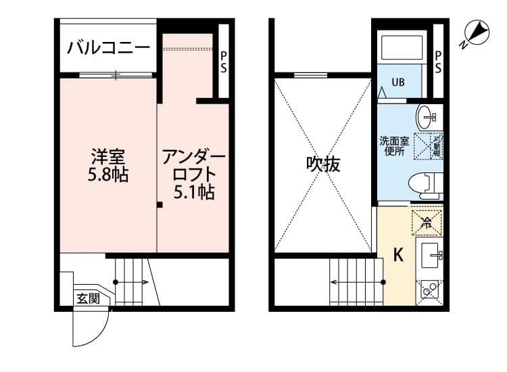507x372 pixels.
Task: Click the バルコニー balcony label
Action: click(108, 48)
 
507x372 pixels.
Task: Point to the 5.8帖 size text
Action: click(108, 175)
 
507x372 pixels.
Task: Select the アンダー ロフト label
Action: click(193, 167)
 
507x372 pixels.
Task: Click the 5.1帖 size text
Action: click(194, 193)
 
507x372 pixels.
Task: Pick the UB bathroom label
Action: click(399, 83)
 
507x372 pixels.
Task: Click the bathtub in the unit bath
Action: click(402, 47)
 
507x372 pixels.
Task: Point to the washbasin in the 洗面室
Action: click(428, 118)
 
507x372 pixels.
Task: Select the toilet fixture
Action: click(425, 183)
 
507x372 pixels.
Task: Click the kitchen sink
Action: click(431, 255)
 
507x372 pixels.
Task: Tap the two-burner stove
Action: click(431, 289)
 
